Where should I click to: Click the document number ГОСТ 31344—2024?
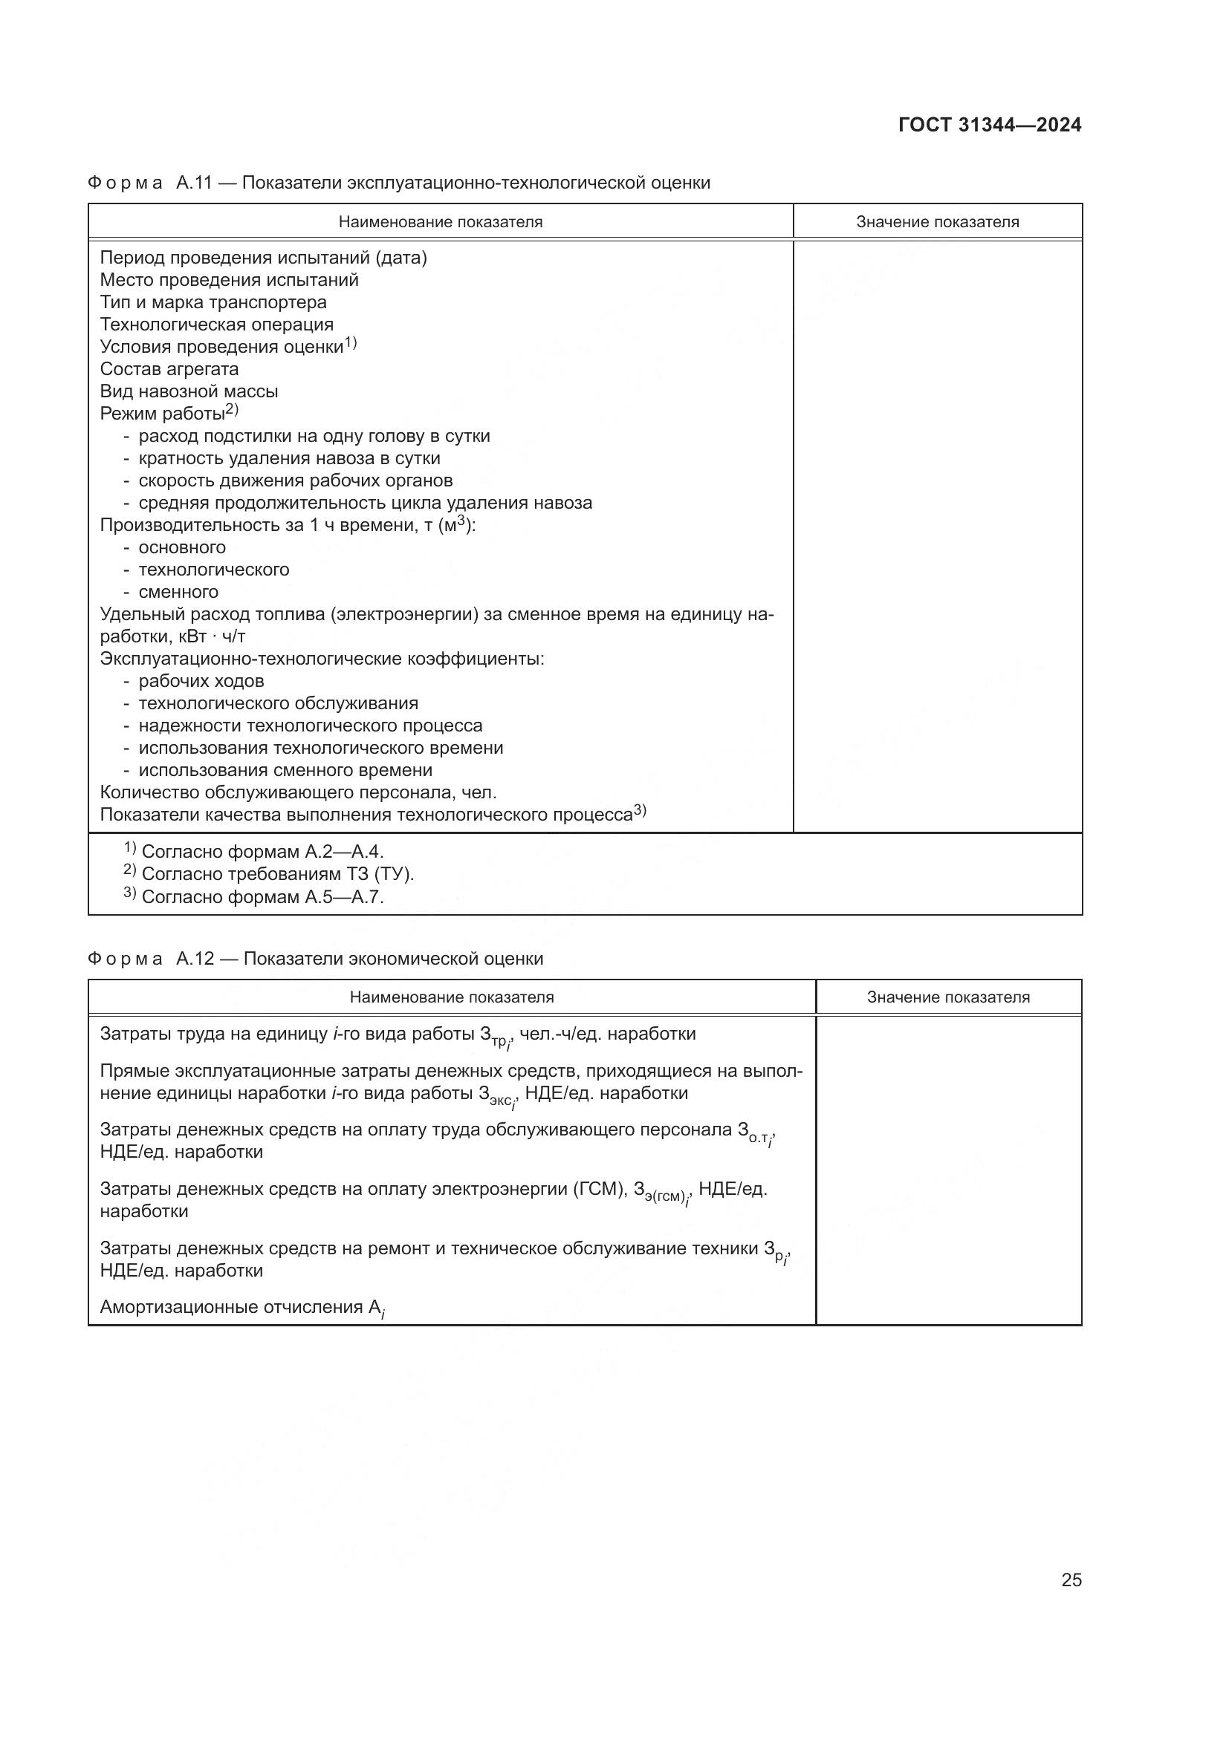(x=989, y=126)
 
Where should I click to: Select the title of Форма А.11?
(x=399, y=183)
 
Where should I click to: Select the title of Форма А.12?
(x=316, y=959)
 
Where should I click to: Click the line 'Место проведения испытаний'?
(x=230, y=280)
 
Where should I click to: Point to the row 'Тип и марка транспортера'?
(x=213, y=302)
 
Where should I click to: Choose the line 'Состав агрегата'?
(x=169, y=369)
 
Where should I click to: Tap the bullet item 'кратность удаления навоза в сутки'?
(x=289, y=458)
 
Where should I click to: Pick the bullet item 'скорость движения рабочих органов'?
(x=295, y=480)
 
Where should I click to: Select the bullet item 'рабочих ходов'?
(x=201, y=681)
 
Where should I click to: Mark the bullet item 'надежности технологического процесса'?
(x=311, y=726)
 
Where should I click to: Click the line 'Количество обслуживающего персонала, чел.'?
(x=298, y=792)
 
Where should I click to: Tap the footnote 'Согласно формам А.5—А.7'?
(x=262, y=897)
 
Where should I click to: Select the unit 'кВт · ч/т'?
(x=207, y=636)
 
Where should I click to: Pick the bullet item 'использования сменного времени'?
(x=285, y=770)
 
